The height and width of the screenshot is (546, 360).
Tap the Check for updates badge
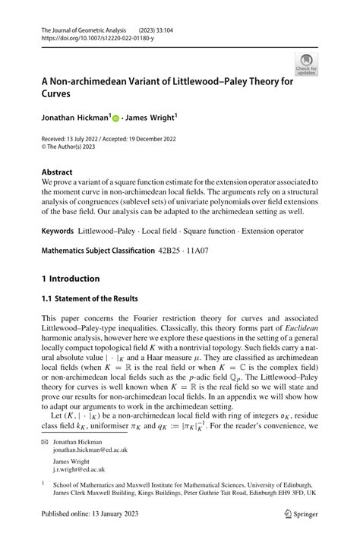308,65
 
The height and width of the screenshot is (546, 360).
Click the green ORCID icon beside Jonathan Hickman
116,118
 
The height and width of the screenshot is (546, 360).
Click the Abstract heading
58,172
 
